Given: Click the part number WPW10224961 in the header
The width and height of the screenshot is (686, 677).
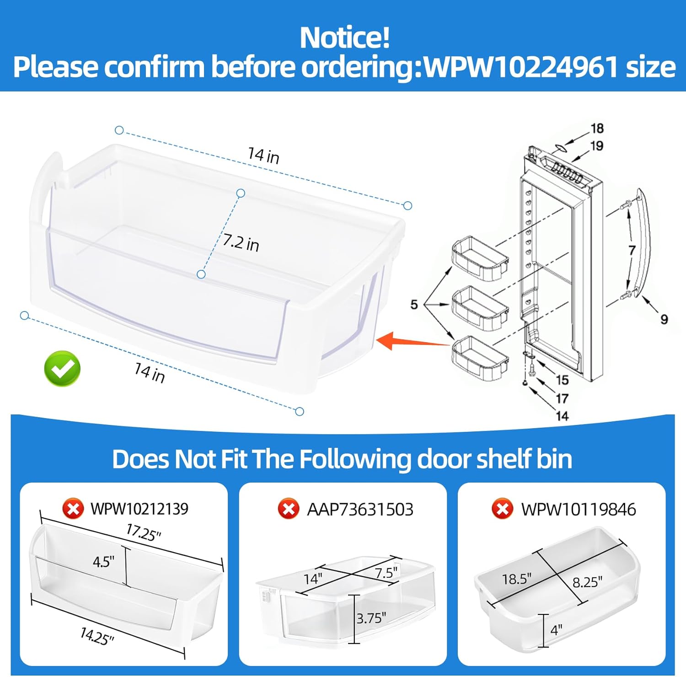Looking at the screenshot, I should [x=521, y=67].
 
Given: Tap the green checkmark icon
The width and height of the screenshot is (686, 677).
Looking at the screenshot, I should [x=62, y=369].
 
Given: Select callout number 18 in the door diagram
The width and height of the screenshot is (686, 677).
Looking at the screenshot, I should [x=597, y=128].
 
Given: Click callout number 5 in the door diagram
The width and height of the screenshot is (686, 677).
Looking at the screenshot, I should [x=414, y=304].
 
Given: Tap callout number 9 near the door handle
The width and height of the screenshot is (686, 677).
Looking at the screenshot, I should [x=664, y=319].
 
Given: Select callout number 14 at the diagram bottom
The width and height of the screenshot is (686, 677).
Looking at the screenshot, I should [x=562, y=416].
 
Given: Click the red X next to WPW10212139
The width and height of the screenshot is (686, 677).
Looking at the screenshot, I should [x=73, y=509].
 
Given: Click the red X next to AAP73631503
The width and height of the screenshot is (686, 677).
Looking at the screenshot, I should [x=289, y=509].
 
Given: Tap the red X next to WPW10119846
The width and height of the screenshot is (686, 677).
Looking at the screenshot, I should [x=502, y=509].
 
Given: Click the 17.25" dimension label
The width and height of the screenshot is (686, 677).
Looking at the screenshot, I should [x=144, y=532].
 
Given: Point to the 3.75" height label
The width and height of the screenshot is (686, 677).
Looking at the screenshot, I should [x=371, y=618].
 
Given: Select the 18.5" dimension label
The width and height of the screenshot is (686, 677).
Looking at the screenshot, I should [x=516, y=579].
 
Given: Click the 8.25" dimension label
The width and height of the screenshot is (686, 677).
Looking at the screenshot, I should [x=587, y=582].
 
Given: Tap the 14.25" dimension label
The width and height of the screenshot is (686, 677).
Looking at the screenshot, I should [x=96, y=636].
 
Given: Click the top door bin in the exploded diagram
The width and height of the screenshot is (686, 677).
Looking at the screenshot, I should [x=480, y=258].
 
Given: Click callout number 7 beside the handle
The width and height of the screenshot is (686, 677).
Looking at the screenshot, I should [x=632, y=250].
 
